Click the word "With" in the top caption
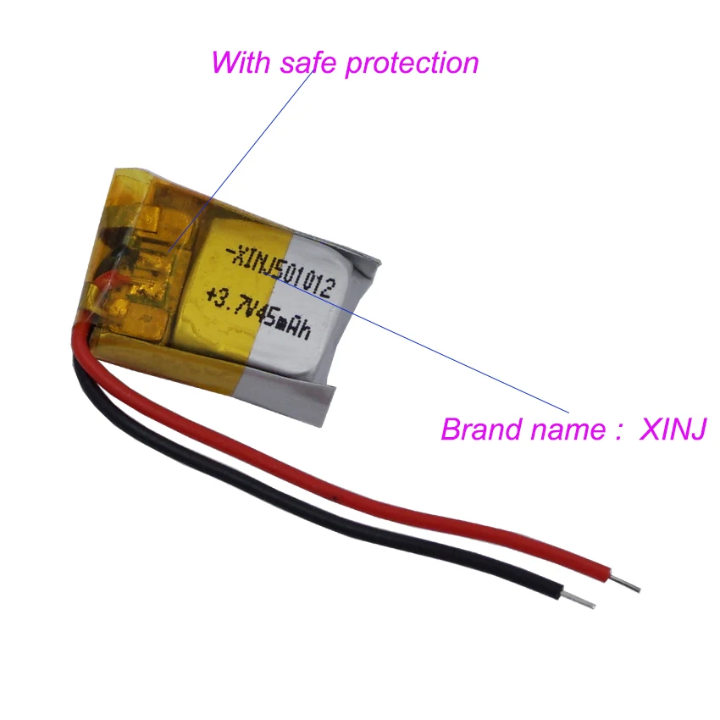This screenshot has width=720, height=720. pos(236,63)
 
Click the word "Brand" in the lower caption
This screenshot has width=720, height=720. pos(479,429)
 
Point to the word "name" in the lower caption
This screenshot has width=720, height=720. pos(563,429)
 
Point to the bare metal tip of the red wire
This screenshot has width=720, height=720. pos(629,585)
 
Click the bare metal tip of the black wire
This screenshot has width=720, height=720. pos(582,601)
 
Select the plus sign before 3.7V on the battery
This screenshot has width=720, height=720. pos(209,297)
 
